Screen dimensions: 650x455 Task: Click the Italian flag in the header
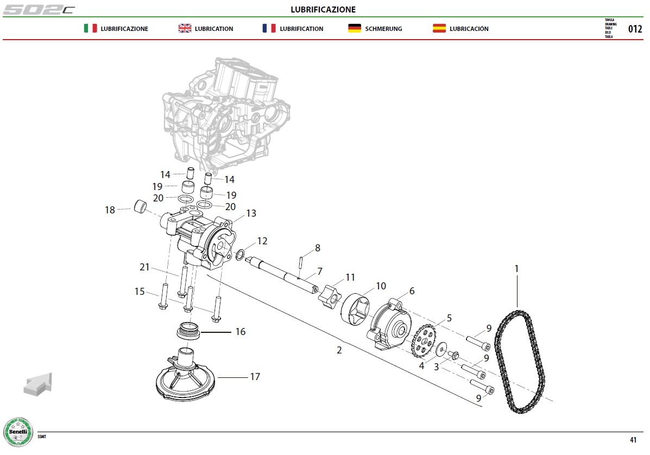[90, 28]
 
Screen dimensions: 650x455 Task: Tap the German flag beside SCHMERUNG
[355, 28]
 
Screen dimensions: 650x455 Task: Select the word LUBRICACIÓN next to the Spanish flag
[469, 29]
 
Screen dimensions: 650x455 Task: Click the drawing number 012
[635, 29]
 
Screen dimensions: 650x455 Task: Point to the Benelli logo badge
[18, 432]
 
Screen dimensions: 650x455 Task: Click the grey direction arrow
[38, 384]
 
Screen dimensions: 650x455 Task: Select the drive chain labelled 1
[520, 362]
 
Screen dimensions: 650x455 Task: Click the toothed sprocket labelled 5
[423, 340]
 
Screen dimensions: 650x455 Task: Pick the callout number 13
[251, 213]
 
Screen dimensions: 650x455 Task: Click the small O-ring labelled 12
[240, 255]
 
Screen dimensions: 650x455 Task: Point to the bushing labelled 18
[140, 206]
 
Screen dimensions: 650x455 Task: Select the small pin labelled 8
[301, 262]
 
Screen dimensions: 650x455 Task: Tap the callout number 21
[144, 267]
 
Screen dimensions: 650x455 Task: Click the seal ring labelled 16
[188, 330]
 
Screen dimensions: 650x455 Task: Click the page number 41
[633, 440]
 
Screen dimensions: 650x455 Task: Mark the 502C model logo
[39, 9]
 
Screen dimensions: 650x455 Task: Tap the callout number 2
[339, 350]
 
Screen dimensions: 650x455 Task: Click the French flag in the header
[269, 28]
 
